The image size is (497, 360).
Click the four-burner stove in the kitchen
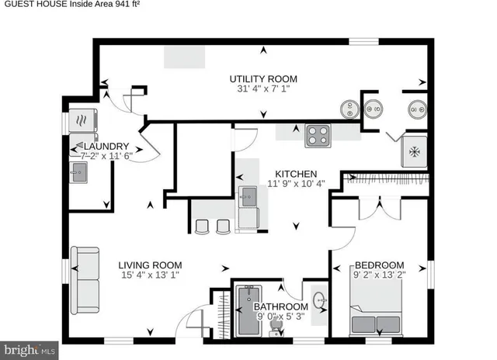click(318, 136)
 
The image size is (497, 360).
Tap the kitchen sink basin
click(248, 194)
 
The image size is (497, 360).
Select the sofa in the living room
click(86, 276)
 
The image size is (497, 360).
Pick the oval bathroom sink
click(319, 299)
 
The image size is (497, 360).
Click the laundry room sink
click(80, 174)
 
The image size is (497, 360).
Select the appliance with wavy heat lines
click(81, 120)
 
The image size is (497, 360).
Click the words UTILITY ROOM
click(262, 78)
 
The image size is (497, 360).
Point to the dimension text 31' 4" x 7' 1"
click(262, 89)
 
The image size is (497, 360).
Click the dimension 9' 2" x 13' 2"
click(380, 275)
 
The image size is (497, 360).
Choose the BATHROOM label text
click(281, 306)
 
